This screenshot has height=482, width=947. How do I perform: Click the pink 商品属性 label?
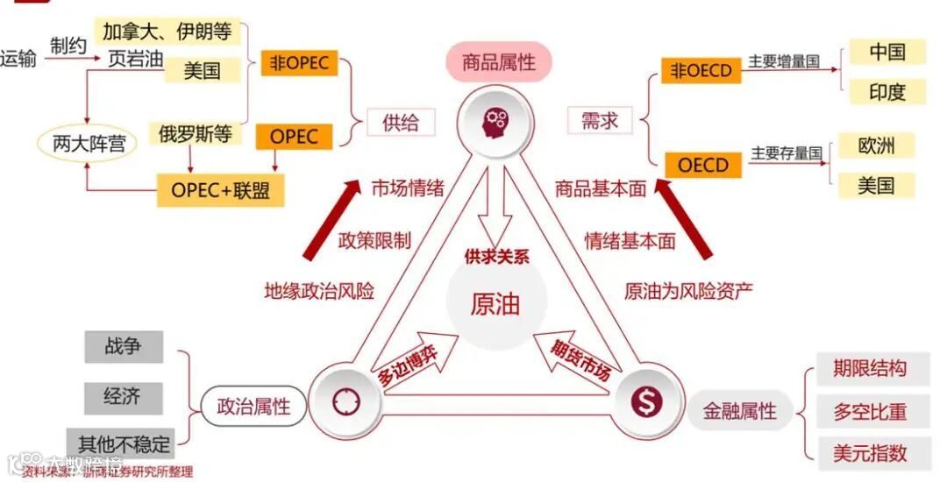(497, 63)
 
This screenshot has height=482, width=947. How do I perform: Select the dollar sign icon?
(647, 402)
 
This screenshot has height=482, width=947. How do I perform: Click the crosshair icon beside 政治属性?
(346, 402)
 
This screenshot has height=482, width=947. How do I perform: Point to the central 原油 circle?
(495, 303)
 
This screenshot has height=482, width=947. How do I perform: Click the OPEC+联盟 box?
(220, 189)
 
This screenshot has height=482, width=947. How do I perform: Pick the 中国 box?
(886, 52)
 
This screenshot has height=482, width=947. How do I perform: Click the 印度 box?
(886, 92)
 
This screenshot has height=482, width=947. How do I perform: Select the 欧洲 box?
(876, 145)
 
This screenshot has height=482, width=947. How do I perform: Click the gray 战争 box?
(124, 346)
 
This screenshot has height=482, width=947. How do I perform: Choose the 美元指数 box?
(869, 452)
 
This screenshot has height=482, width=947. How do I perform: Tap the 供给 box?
(401, 122)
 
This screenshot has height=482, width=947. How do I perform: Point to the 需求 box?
(600, 121)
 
